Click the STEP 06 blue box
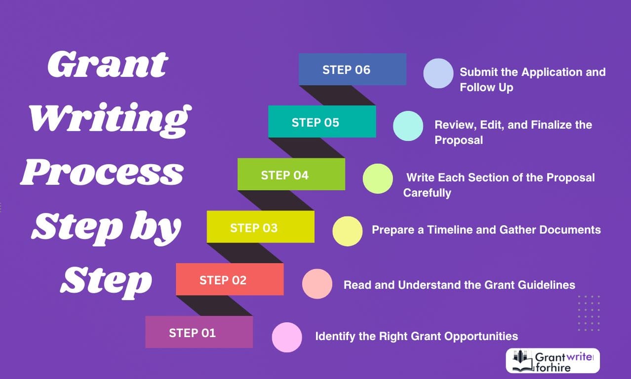[352, 70]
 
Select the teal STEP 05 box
[321, 122]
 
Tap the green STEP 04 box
[291, 175]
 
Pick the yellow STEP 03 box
[260, 227]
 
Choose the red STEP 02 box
[230, 280]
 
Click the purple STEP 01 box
[199, 333]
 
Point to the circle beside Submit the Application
[438, 74]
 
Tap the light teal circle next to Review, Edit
[408, 126]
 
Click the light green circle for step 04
[378, 179]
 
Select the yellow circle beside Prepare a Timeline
[347, 231]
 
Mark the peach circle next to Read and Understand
[317, 284]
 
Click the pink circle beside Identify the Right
[287, 337]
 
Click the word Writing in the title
[109, 118]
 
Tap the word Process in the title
[102, 172]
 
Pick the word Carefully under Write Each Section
[427, 193]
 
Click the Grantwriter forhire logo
[552, 361]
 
